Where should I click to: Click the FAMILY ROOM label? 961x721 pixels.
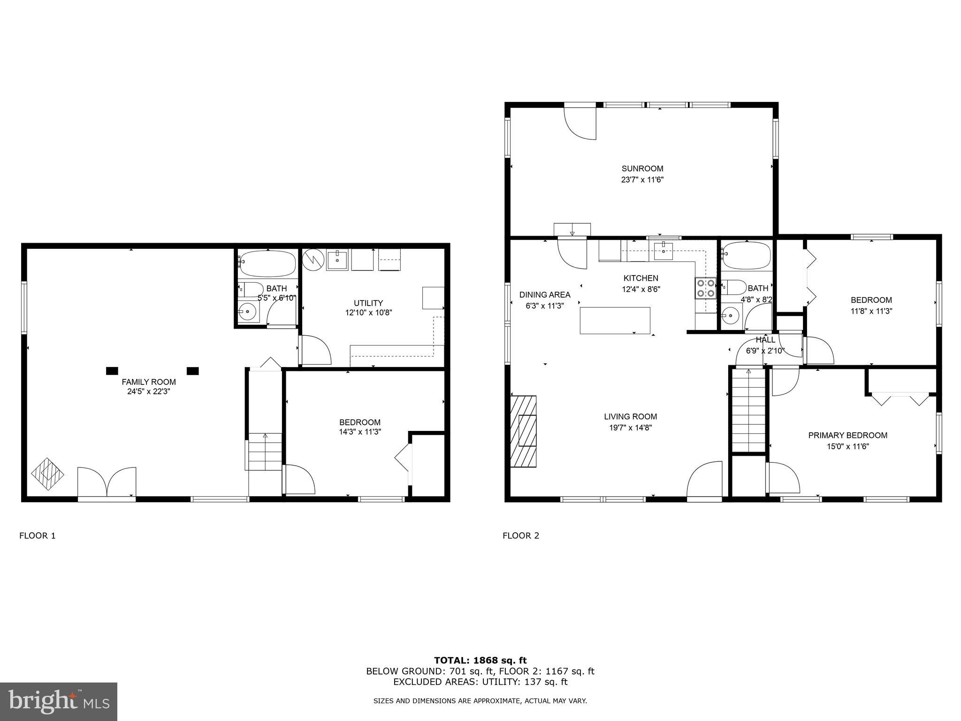pos(149,382)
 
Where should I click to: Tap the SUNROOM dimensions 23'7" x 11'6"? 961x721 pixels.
pos(642,180)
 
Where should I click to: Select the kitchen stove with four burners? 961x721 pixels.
pos(705,288)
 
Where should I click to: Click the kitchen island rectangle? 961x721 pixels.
pos(615,321)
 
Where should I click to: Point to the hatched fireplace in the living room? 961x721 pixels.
pos(524,431)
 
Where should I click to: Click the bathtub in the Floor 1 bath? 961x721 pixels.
pos(268,264)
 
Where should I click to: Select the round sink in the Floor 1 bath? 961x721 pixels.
pos(247,312)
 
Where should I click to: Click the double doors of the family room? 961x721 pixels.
pos(107,482)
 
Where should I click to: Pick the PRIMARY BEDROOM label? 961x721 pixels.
pos(847,436)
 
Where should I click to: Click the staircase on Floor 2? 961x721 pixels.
pos(748,411)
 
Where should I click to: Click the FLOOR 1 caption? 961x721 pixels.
pos(38,536)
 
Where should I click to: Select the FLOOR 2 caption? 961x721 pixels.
pos(521,536)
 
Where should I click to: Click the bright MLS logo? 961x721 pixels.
pos(59,702)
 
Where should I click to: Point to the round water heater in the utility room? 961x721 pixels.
pos(313,260)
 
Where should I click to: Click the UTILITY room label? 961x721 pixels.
pos(368,303)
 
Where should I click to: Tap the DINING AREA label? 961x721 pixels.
pos(545,295)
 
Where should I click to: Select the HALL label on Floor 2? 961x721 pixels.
pos(765,340)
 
